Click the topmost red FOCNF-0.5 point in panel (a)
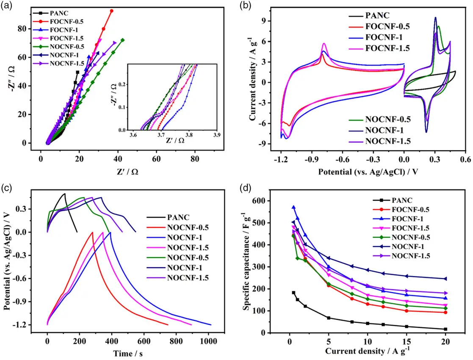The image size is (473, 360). coord(112,11)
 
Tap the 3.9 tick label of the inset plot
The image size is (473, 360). coord(217,135)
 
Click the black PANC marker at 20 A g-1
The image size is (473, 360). coord(445,329)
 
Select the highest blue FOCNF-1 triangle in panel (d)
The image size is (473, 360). coord(293,208)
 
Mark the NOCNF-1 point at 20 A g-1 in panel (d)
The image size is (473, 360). coord(445,279)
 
